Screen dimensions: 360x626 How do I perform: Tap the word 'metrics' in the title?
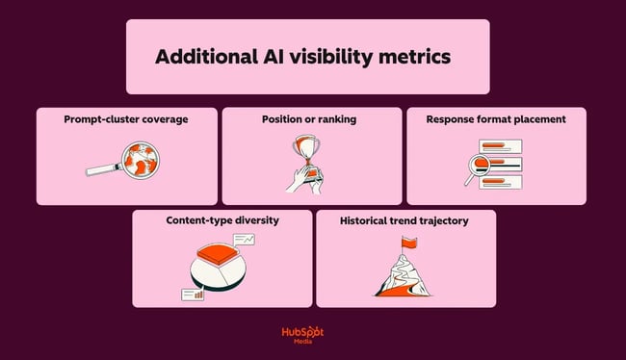pos(417,57)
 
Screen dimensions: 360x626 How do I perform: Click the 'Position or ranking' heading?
pos(311,119)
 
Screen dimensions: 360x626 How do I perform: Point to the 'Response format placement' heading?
pos(497,119)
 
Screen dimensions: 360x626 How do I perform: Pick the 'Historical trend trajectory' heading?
pos(405,220)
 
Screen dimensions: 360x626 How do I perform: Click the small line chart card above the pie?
pos(245,238)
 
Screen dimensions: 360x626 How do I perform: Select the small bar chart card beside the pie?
pos(193,294)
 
